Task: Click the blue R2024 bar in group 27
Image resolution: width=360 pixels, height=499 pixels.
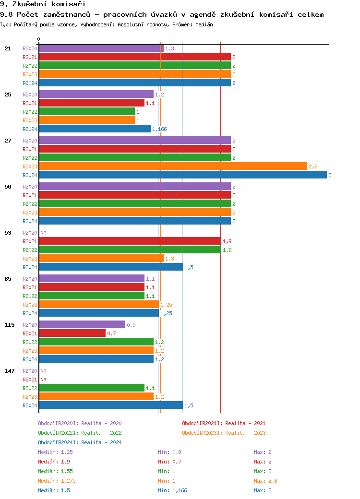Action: click(x=182, y=175)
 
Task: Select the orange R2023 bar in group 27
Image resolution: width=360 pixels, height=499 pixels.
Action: click(x=173, y=166)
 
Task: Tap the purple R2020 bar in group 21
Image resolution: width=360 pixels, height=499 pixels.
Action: click(x=101, y=48)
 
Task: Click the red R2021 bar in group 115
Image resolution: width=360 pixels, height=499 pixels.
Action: click(x=72, y=333)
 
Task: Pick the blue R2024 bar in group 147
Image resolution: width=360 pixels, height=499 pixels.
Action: click(x=110, y=405)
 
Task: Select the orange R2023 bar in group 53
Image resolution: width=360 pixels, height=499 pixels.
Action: click(x=101, y=259)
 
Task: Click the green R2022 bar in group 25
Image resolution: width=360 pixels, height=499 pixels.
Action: click(x=86, y=112)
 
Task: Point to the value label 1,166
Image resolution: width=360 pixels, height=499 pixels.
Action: click(x=159, y=129)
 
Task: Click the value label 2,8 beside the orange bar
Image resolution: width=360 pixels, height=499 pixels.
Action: click(x=313, y=166)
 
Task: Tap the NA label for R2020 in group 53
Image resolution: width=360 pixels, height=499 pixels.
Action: click(x=43, y=233)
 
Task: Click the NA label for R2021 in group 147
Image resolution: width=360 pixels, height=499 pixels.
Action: click(x=43, y=380)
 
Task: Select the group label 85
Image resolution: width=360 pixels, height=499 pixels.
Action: click(x=8, y=279)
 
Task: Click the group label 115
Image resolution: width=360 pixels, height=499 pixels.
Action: click(x=10, y=325)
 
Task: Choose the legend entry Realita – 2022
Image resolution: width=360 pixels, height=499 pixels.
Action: click(x=80, y=433)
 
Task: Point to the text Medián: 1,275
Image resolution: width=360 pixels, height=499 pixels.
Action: click(x=57, y=481)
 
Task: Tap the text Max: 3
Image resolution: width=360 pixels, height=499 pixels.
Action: click(x=263, y=490)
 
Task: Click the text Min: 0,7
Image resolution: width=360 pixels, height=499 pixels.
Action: click(x=169, y=462)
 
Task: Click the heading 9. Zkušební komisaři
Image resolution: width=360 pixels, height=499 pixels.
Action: click(x=36, y=4)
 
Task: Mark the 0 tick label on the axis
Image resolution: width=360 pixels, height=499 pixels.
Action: click(x=39, y=39)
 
